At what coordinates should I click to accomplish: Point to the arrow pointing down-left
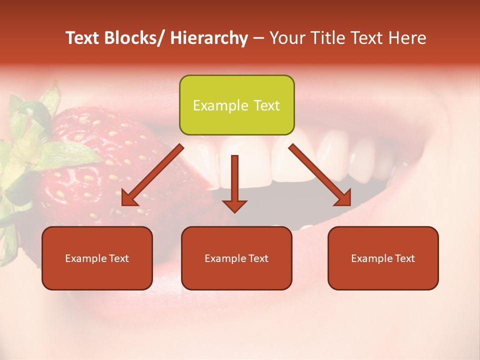tap(152, 175)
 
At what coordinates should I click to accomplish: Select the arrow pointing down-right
tap(320, 175)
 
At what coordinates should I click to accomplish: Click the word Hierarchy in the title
tap(209, 38)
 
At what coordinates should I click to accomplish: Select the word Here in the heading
tap(409, 38)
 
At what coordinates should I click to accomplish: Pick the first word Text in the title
tap(82, 38)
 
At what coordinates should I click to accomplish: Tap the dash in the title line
tap(258, 38)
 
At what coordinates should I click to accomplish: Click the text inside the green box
tap(236, 105)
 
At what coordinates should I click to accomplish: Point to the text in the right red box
tap(383, 258)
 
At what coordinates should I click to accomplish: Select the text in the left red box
tap(97, 258)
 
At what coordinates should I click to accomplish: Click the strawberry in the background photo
tap(100, 165)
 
